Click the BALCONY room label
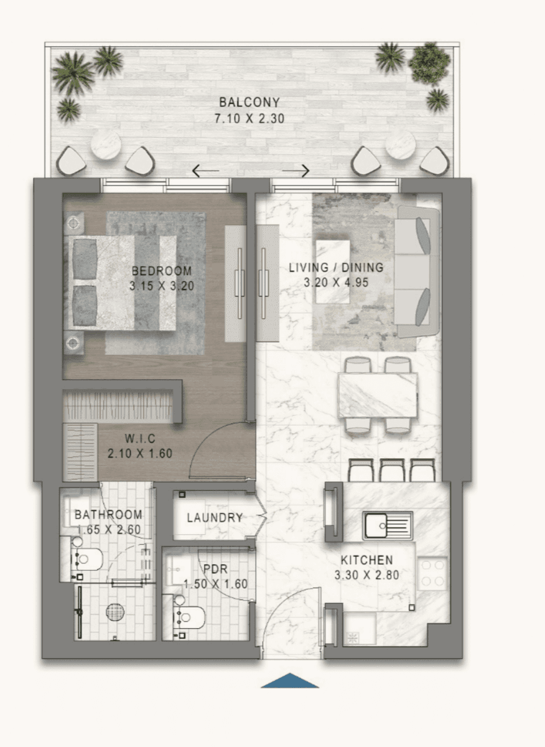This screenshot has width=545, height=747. [x=249, y=103]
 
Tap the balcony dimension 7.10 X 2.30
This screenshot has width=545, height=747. [x=249, y=118]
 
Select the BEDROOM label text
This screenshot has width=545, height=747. [x=162, y=271]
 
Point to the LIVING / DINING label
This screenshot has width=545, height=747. [x=336, y=268]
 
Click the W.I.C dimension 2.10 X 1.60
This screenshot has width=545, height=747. [x=139, y=454]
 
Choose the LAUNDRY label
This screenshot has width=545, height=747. [x=215, y=518]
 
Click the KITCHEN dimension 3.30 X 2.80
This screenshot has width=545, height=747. [x=366, y=575]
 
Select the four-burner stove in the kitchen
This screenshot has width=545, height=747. [x=432, y=573]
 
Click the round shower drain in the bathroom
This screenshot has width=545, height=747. [x=116, y=613]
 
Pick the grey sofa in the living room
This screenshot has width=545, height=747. [x=418, y=272]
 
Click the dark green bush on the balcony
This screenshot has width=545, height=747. [x=429, y=62]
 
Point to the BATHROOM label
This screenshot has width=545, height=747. [x=108, y=515]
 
